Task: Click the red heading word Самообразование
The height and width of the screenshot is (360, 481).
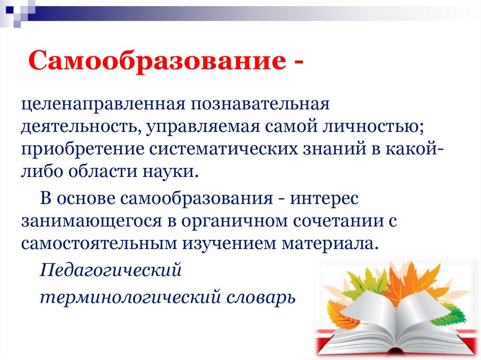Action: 157,61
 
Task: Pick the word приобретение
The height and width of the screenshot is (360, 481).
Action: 83,150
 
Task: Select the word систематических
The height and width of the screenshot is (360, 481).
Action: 224,150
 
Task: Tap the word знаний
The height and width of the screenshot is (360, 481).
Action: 334,150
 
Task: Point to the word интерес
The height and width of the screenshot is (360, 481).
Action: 324,199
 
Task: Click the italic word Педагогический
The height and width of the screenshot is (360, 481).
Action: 111,270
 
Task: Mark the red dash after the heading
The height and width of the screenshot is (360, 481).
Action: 298,62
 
